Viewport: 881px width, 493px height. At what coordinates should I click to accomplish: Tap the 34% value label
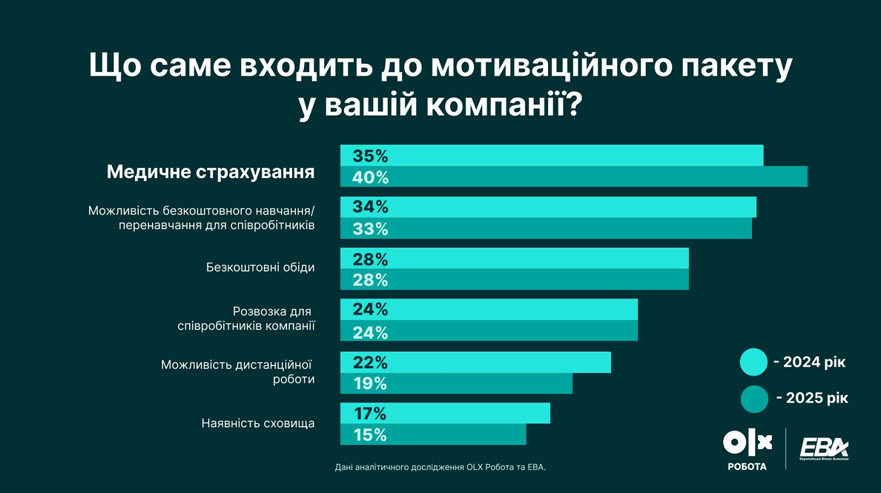coord(371,207)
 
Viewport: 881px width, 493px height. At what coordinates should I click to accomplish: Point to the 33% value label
coord(371,229)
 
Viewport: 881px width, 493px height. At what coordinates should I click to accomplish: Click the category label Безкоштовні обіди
coord(260,268)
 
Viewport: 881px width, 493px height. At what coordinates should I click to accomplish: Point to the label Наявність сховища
coord(258,424)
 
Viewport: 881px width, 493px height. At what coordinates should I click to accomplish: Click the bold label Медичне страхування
coord(211,172)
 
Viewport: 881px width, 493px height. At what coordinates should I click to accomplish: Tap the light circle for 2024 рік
coord(753,362)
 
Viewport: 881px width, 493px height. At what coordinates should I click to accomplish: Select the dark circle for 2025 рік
coord(753,399)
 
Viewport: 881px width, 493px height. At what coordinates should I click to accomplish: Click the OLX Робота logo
coord(747,449)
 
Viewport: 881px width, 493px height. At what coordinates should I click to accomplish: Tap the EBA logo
coord(824,449)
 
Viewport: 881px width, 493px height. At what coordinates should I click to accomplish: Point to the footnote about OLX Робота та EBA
coord(440,467)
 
